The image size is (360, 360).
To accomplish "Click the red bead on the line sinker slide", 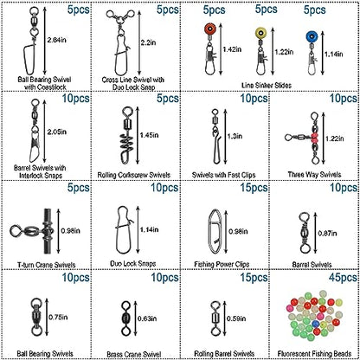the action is click(210, 29).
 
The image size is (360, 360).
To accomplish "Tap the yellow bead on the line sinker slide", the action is click(260, 33).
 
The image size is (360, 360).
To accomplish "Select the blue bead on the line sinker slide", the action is click(312, 37).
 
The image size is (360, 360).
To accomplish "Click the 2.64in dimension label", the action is click(57, 40).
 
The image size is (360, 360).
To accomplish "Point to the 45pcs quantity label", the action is click(343, 278).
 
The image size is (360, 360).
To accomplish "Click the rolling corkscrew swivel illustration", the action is click(128, 135).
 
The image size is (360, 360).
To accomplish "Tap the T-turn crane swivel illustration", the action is click(33, 231).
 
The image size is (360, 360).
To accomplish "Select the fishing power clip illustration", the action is click(215, 231).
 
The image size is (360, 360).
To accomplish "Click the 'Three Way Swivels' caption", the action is click(314, 174).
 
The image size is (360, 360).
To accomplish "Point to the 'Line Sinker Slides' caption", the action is click(267, 85).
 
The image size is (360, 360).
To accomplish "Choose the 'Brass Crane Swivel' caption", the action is click(134, 354).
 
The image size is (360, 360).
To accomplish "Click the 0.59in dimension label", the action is click(236, 318).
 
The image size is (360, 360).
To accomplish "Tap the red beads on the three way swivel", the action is click(314, 138).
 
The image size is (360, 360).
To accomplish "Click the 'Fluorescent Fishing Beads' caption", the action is click(314, 353).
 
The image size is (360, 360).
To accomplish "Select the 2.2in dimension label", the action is click(149, 42).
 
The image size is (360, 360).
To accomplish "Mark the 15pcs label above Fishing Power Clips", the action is click(254, 188).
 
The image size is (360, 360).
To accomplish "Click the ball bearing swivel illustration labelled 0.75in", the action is click(36, 318).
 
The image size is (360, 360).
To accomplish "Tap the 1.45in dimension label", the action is click(149, 135).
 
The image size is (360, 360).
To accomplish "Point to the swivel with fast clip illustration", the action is click(215, 137).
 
